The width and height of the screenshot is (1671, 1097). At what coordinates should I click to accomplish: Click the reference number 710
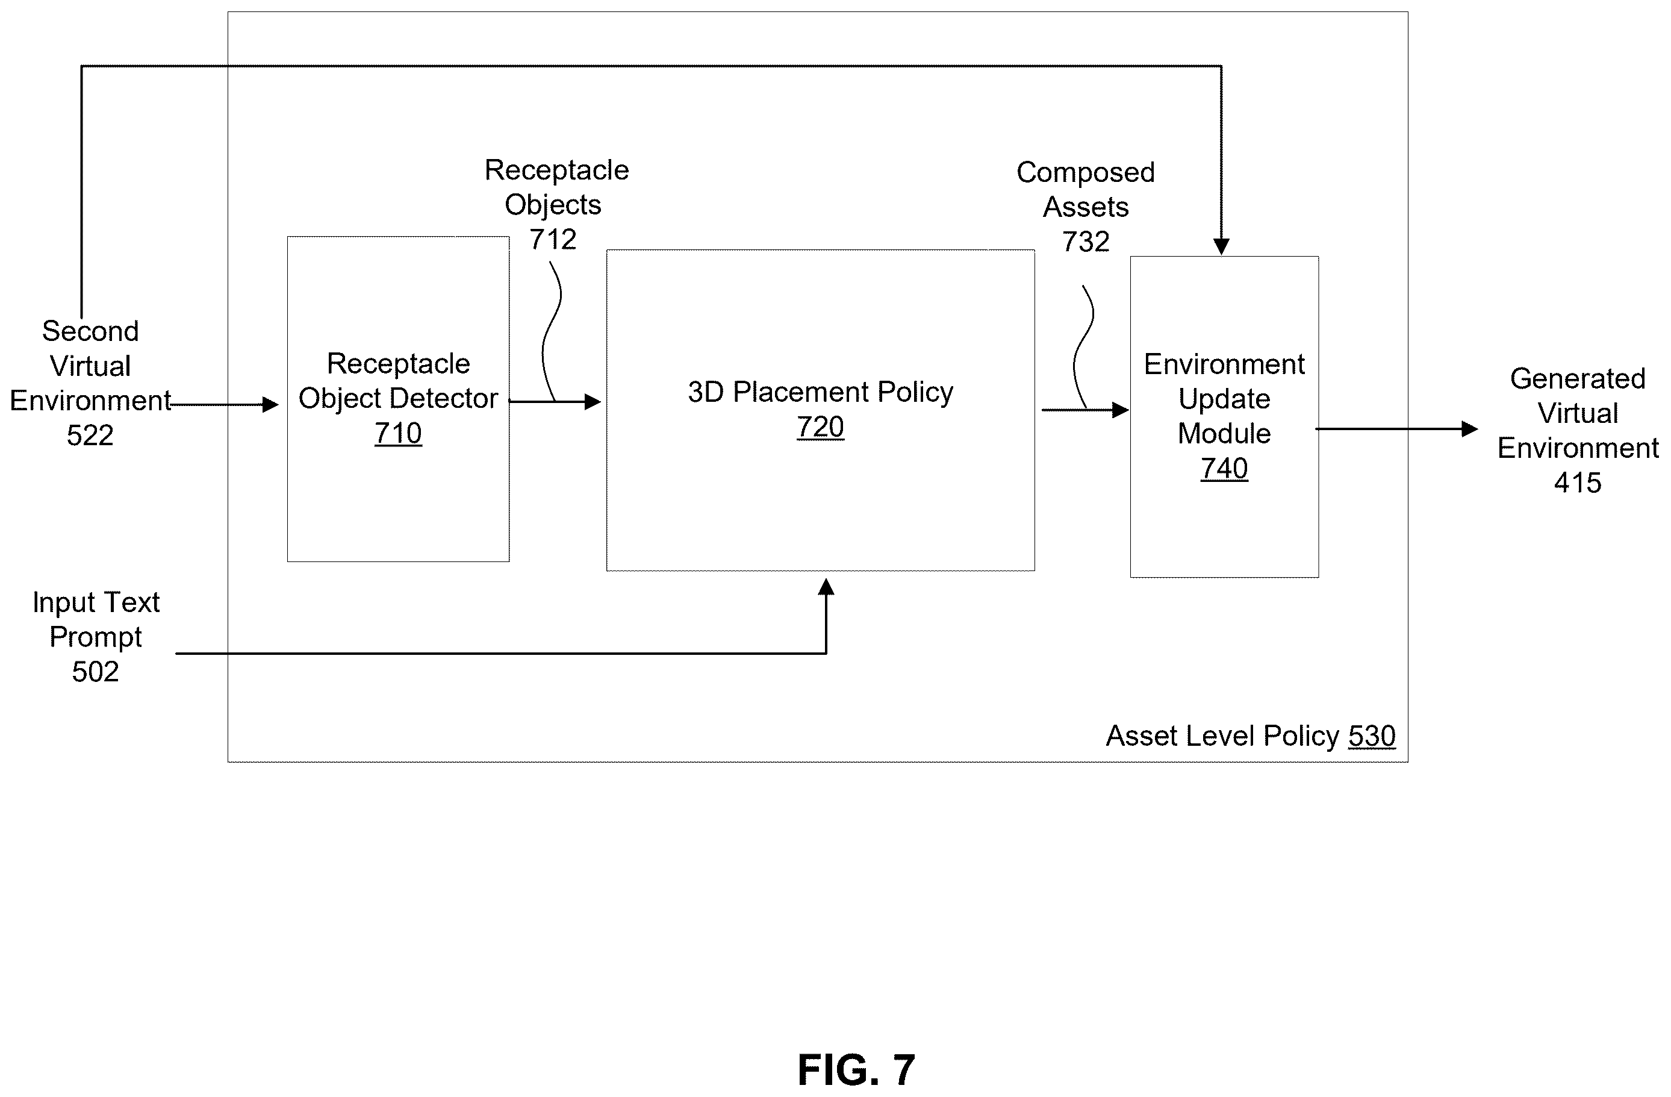(x=398, y=433)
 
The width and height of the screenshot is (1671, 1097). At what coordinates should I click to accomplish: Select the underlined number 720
(x=820, y=427)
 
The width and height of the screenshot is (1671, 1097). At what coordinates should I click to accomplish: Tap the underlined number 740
(x=1224, y=469)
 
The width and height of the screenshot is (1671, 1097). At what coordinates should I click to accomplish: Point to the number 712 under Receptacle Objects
(x=553, y=240)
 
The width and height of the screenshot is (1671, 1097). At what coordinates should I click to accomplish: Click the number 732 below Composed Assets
(x=1086, y=242)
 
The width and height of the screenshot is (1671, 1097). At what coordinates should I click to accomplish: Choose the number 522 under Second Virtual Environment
(x=90, y=436)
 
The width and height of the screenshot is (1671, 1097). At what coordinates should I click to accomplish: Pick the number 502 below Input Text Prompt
(x=96, y=672)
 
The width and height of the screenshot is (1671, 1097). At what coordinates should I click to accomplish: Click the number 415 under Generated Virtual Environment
(x=1578, y=483)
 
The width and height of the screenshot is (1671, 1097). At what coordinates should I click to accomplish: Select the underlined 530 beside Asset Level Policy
(x=1372, y=736)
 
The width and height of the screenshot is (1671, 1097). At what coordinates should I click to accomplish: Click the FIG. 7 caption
(x=856, y=1070)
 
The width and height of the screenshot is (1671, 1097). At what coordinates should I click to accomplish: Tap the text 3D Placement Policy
(x=821, y=392)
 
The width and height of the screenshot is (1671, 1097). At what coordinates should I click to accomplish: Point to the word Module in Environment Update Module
(x=1224, y=433)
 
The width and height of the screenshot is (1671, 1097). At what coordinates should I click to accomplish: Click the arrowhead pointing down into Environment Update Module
(x=1222, y=247)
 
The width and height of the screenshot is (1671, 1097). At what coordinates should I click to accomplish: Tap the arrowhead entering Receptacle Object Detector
(x=270, y=405)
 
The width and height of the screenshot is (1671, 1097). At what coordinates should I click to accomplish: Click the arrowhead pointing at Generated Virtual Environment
(x=1469, y=428)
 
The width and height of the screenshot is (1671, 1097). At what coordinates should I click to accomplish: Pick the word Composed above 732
(x=1086, y=173)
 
